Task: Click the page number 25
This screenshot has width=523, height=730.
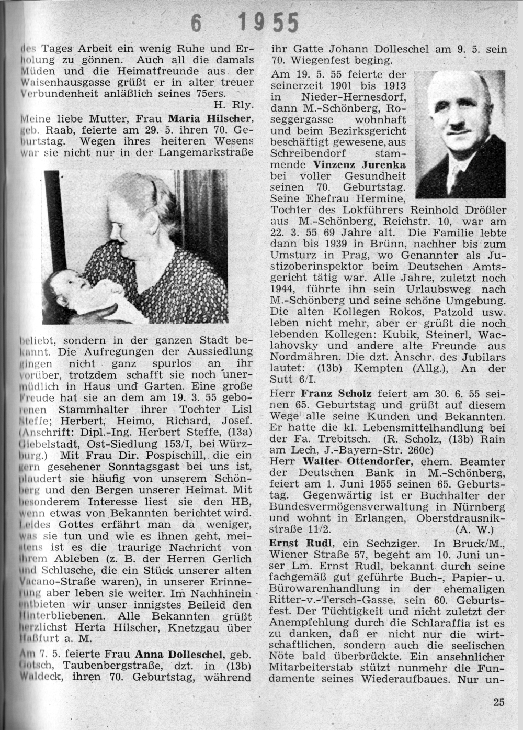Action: point(498,702)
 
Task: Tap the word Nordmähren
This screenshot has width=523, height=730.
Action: point(300,357)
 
